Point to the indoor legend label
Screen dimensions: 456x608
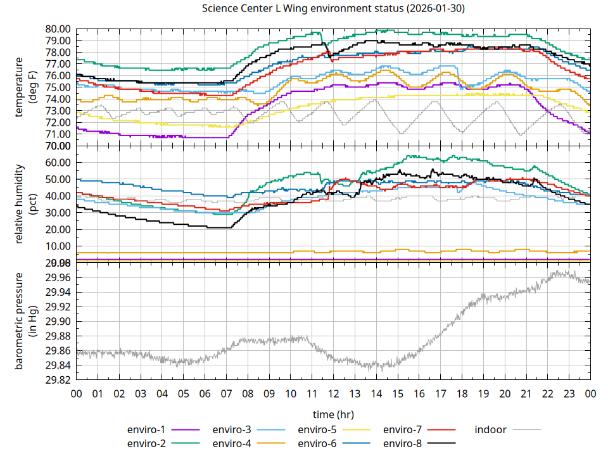(x=491, y=429)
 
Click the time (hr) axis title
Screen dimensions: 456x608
(x=333, y=414)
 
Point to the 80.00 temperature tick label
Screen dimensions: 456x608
(x=58, y=29)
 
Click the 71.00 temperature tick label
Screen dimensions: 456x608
(x=58, y=134)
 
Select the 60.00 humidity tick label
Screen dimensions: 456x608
(x=58, y=162)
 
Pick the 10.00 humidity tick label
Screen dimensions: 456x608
(x=58, y=246)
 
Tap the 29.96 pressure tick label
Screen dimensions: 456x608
(x=58, y=277)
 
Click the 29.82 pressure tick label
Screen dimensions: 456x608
(x=58, y=380)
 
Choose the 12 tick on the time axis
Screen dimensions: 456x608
(x=333, y=393)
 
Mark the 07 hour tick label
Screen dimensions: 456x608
(x=226, y=393)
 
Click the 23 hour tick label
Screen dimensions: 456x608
(x=569, y=393)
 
